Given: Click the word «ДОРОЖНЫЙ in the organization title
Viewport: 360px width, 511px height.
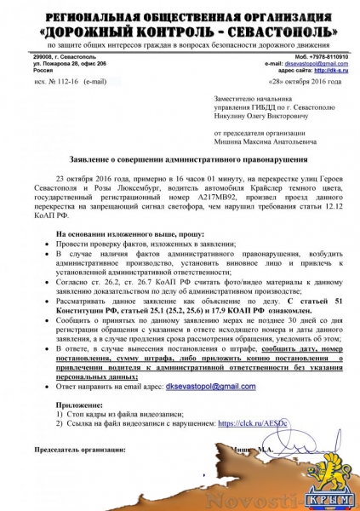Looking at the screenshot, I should [105, 30].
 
